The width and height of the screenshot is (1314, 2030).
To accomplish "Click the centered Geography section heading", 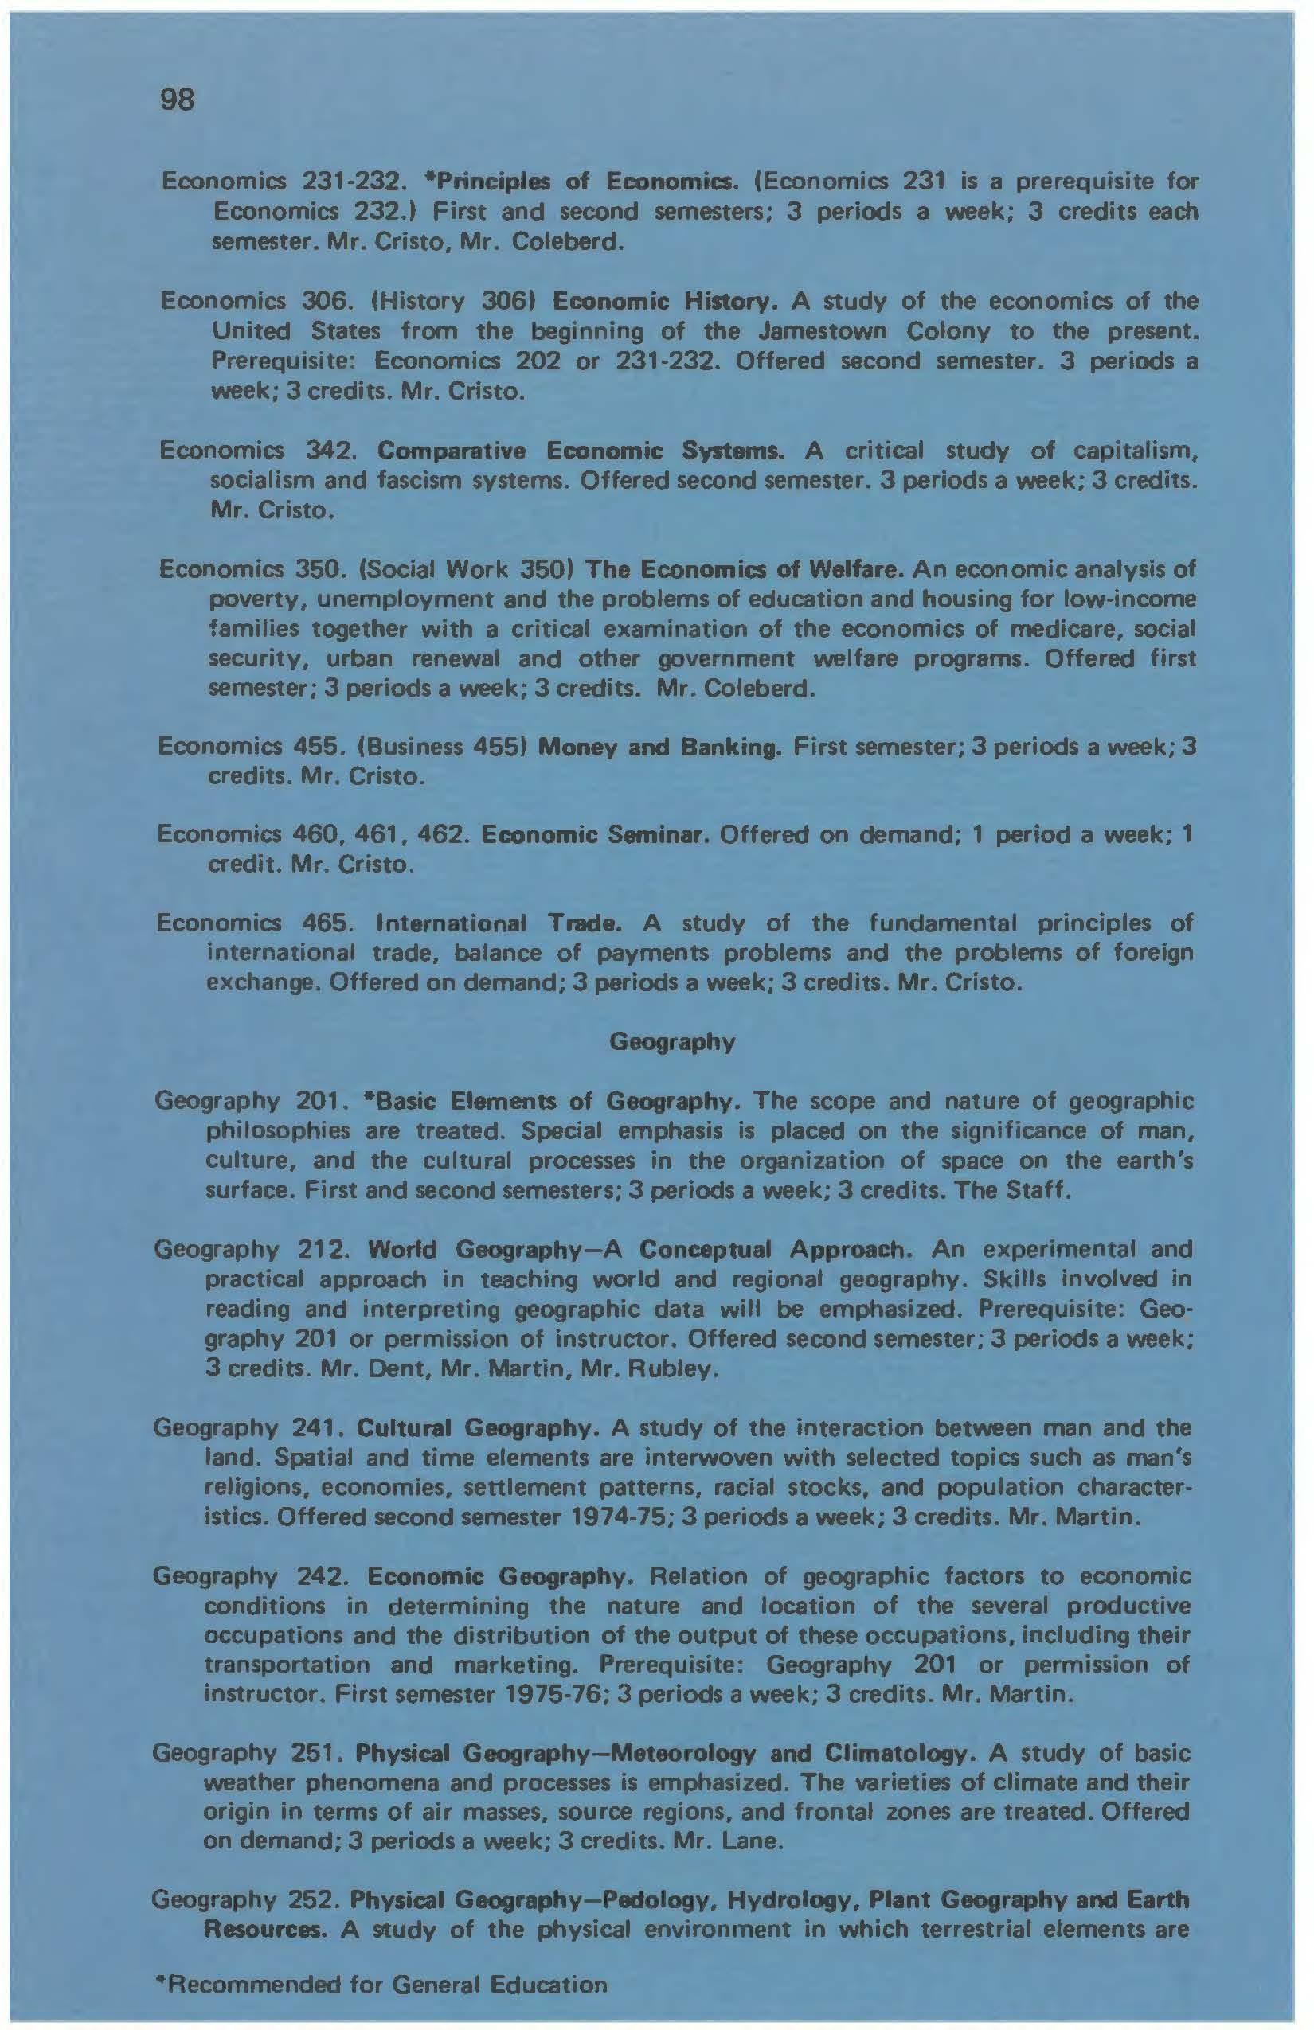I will [672, 1042].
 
